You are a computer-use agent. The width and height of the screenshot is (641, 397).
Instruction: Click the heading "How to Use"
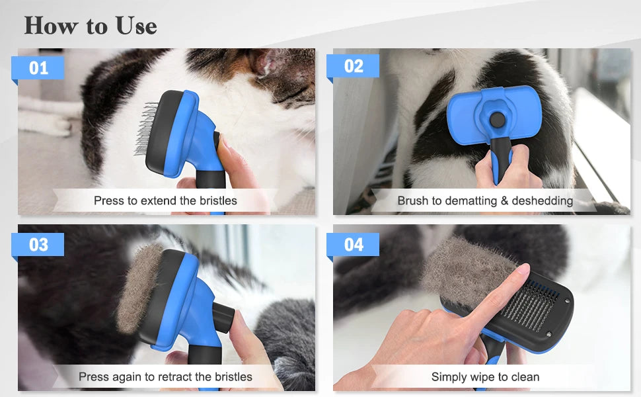(x=91, y=26)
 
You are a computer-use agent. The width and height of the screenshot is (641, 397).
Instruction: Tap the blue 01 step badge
(x=38, y=67)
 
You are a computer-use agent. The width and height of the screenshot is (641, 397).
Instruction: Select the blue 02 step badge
(x=354, y=66)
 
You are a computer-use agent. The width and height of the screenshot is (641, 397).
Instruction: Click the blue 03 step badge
(x=38, y=244)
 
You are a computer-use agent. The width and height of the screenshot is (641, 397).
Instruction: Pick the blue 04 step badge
(x=354, y=244)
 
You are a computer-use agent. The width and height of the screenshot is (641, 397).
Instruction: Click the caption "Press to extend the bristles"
(x=165, y=200)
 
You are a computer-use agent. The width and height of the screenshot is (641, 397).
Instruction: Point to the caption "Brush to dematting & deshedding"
(x=484, y=200)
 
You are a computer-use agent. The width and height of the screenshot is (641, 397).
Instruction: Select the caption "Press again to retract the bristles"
(x=165, y=376)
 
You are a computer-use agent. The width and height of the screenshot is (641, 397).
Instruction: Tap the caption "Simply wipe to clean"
(x=484, y=377)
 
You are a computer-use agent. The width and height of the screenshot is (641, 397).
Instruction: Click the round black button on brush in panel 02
(x=496, y=119)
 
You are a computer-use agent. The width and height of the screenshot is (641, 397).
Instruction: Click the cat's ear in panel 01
(x=271, y=63)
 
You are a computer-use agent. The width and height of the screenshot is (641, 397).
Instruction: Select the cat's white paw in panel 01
(x=43, y=122)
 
